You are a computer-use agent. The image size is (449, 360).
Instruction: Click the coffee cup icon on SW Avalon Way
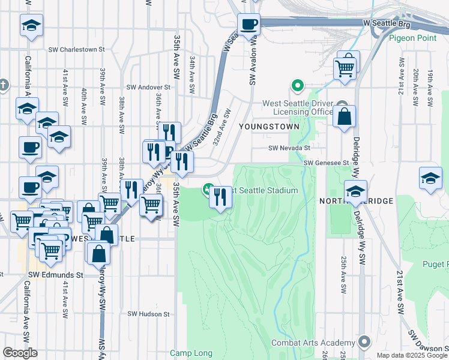(x=248, y=25)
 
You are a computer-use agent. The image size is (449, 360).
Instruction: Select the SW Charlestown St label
(x=76, y=50)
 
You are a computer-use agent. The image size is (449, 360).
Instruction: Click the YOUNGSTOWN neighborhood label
(x=264, y=127)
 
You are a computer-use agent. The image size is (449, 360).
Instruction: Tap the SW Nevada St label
(x=289, y=148)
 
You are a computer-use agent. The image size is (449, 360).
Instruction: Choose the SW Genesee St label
(x=326, y=163)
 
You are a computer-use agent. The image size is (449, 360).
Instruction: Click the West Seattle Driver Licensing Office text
(x=298, y=107)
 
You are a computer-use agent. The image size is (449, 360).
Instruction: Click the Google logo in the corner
(x=20, y=352)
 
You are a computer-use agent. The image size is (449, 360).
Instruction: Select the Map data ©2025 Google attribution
(x=411, y=355)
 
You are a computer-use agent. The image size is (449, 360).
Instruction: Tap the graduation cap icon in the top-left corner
(x=31, y=26)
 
